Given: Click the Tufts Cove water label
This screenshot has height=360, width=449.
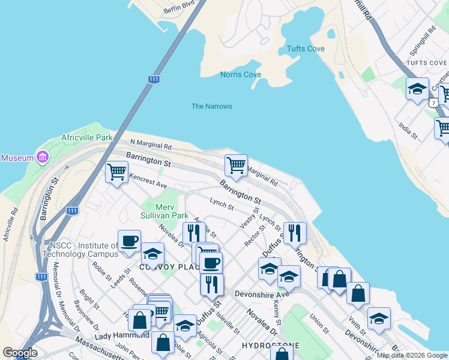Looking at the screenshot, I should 306,49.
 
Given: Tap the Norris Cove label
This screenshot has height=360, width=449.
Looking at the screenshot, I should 240,74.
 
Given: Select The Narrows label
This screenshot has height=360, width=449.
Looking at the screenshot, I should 211,106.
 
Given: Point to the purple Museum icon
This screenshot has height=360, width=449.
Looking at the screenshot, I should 42,158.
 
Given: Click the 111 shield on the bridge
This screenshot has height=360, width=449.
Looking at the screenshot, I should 154,79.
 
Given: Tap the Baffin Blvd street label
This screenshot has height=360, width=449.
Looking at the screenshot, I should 179,7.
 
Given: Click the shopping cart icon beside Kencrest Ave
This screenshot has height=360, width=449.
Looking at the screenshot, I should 116,173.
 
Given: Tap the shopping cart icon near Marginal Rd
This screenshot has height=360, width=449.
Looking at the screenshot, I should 237,165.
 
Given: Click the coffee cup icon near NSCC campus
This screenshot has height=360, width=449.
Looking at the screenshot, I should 130,241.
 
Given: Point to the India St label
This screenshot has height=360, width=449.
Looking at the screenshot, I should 408,131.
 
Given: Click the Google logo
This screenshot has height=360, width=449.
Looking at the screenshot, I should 20,353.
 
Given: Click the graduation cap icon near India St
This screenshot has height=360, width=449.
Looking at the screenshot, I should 417,89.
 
